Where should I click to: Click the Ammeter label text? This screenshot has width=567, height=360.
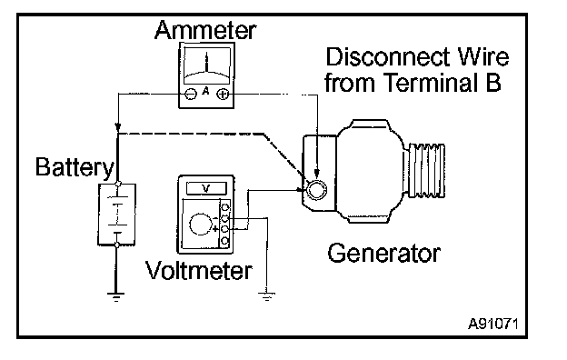[x=205, y=30]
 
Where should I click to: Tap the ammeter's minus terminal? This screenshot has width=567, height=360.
[x=191, y=94]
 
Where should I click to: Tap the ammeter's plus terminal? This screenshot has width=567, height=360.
[x=223, y=95]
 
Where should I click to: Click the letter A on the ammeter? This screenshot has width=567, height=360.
[x=205, y=91]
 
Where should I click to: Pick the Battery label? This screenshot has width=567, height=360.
[x=75, y=167]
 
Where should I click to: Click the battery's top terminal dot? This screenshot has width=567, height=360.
[x=117, y=184]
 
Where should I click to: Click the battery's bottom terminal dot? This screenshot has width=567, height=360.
[x=116, y=245]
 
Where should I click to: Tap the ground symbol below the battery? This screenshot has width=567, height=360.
[x=116, y=297]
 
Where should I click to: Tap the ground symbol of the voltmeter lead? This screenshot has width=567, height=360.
[x=267, y=296]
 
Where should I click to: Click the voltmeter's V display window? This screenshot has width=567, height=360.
[x=206, y=188]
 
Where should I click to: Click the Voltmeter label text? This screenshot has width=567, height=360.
[x=198, y=271]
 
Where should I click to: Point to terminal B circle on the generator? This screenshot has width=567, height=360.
[x=316, y=190]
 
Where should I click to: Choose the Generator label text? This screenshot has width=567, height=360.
[x=384, y=253]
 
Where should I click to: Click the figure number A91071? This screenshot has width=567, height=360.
[x=493, y=324]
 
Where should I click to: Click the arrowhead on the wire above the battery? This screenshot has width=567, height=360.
[x=117, y=127]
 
